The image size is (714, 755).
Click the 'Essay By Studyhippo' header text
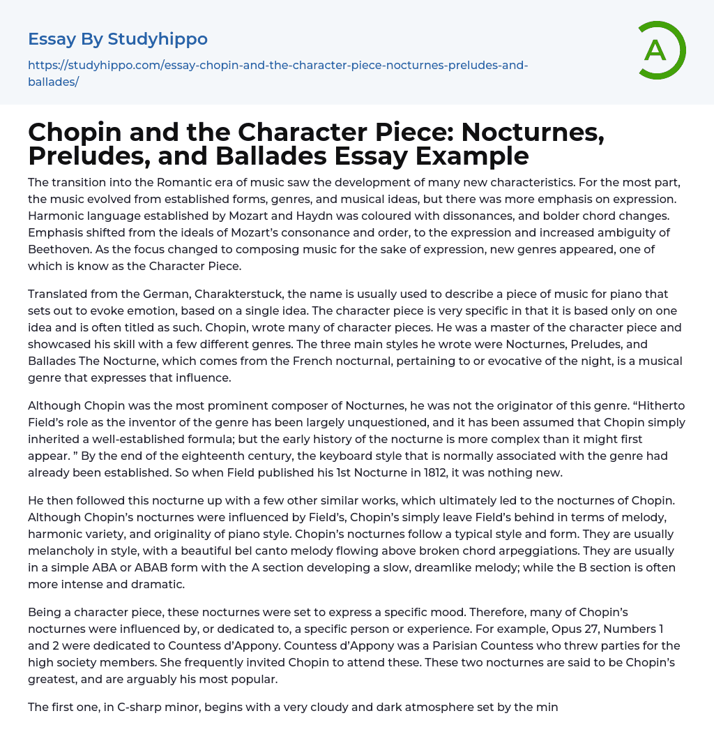pyautogui.click(x=118, y=39)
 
